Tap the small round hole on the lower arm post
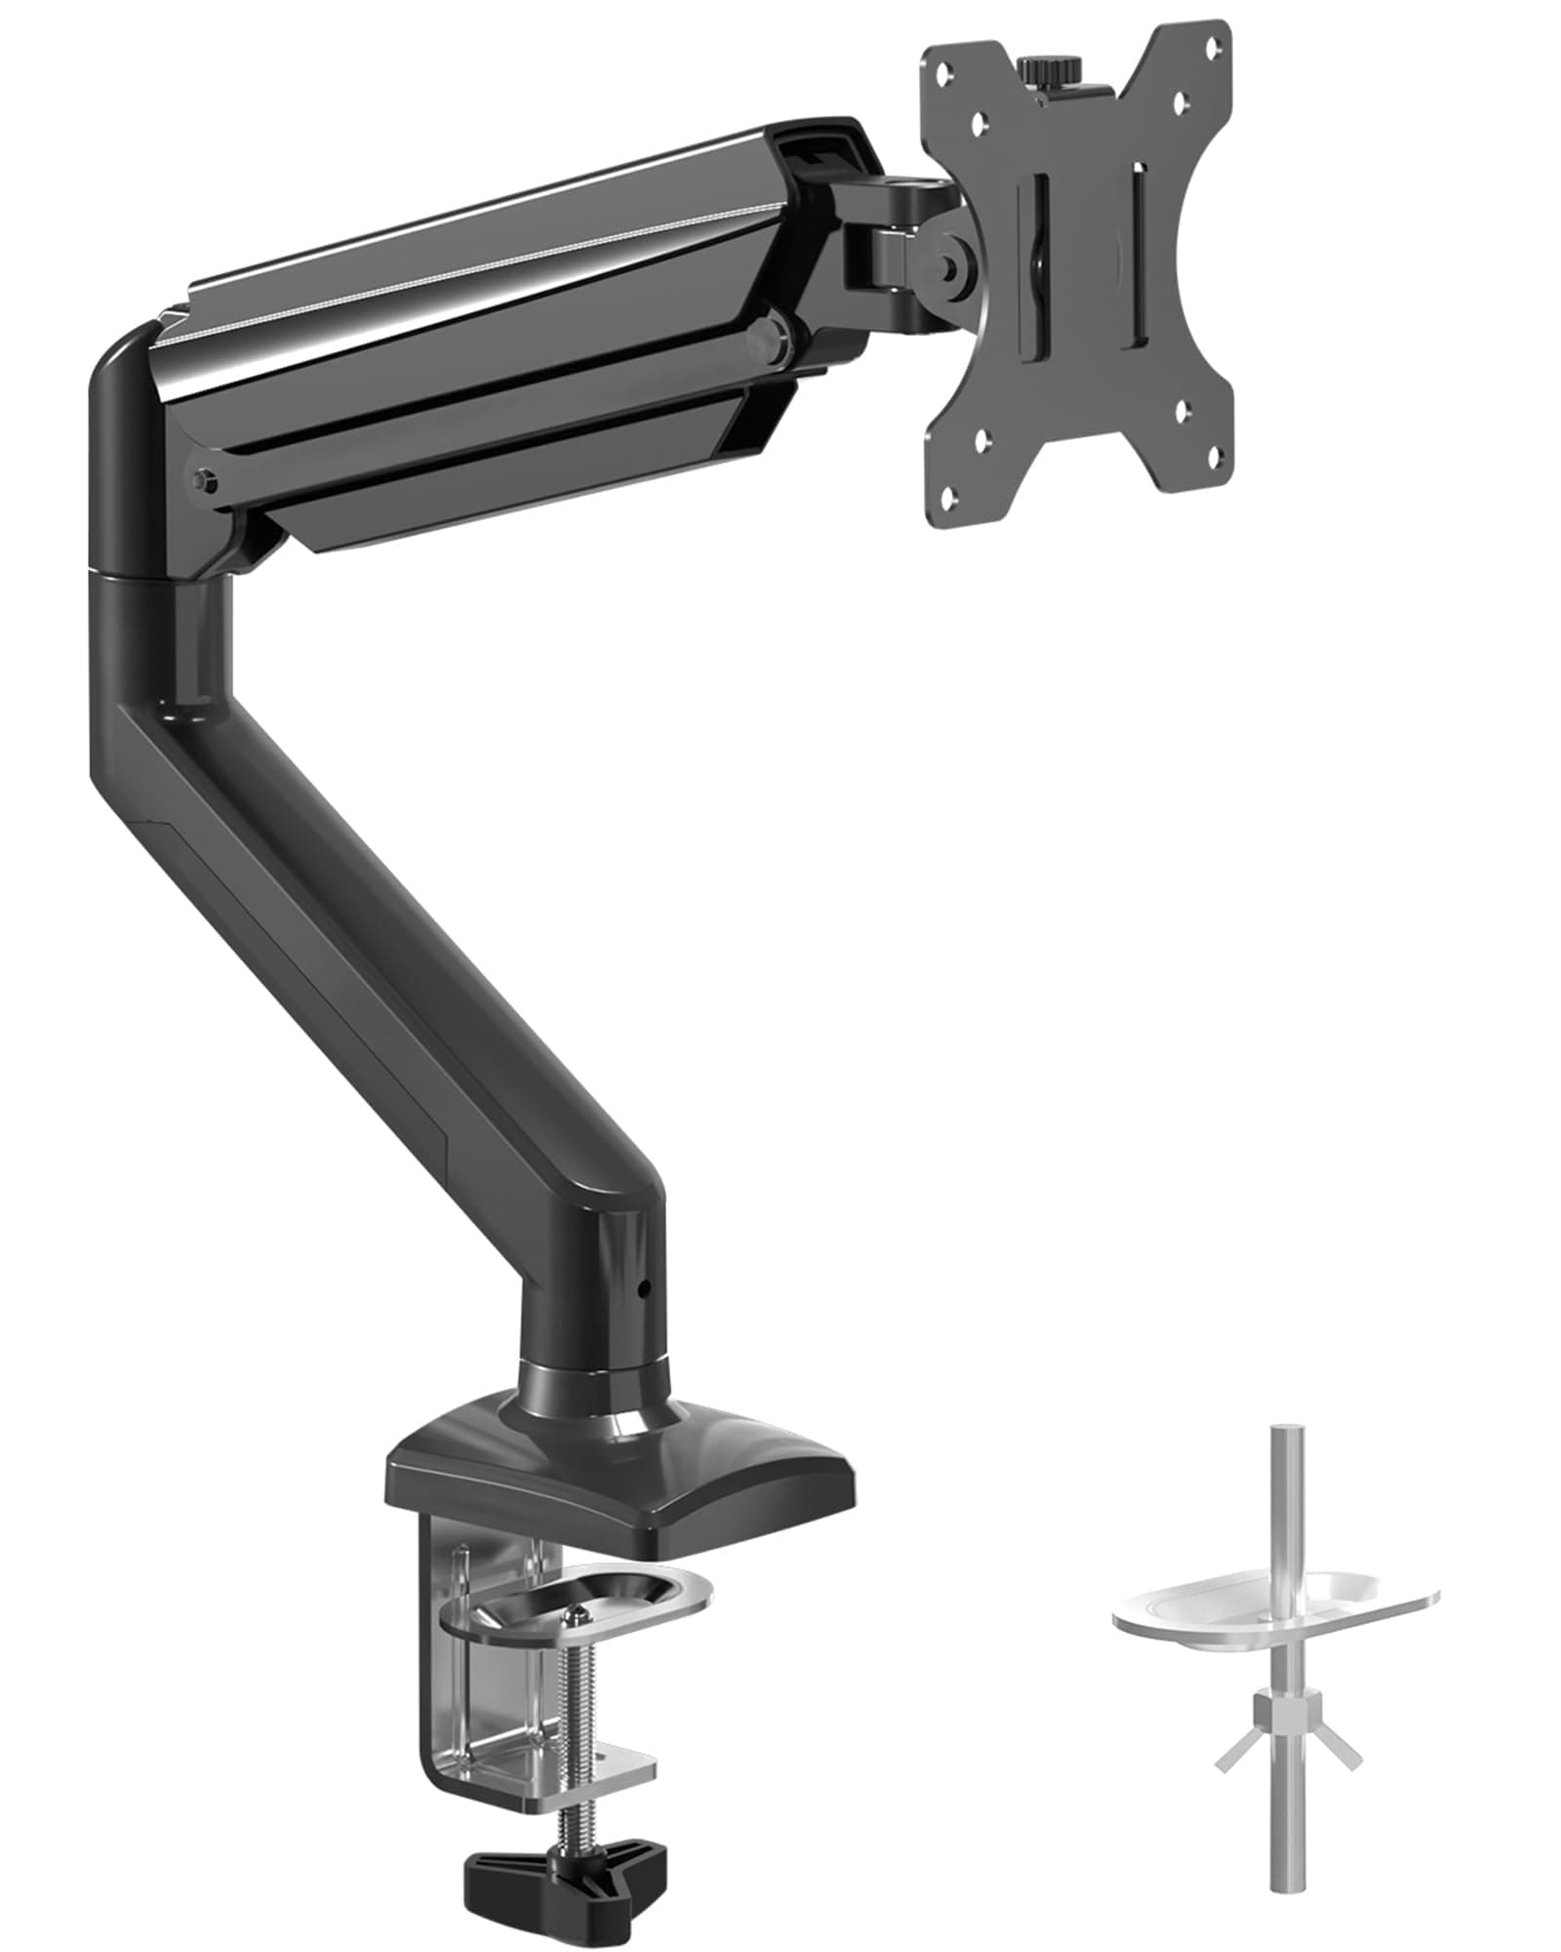click(642, 1289)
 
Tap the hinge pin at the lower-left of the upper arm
click(203, 479)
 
